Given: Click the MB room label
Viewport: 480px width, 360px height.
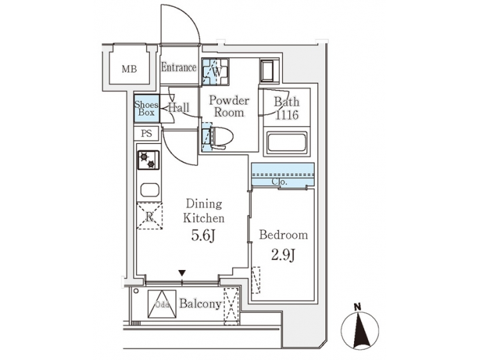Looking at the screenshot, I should coord(129,68).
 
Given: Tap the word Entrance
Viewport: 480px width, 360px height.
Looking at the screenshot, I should coord(179,67).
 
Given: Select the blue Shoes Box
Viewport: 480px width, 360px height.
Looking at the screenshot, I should coord(146,108).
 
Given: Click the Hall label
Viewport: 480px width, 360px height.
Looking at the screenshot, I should coord(179,107).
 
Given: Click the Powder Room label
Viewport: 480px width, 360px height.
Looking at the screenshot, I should coord(229,107).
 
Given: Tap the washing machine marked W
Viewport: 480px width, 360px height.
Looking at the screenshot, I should coord(215,72).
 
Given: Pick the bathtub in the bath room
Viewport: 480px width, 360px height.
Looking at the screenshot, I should coord(286,143).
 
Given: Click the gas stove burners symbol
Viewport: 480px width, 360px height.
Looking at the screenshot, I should coord(149,160).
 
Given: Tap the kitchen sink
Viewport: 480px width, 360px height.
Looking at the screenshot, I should coord(149,189).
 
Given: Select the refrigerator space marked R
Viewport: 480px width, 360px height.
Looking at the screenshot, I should coord(149,216).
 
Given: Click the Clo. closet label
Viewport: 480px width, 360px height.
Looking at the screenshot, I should coord(280,181).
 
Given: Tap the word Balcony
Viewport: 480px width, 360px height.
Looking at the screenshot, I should coord(200,304).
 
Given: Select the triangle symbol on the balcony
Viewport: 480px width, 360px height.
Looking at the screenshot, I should coord(161,303).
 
